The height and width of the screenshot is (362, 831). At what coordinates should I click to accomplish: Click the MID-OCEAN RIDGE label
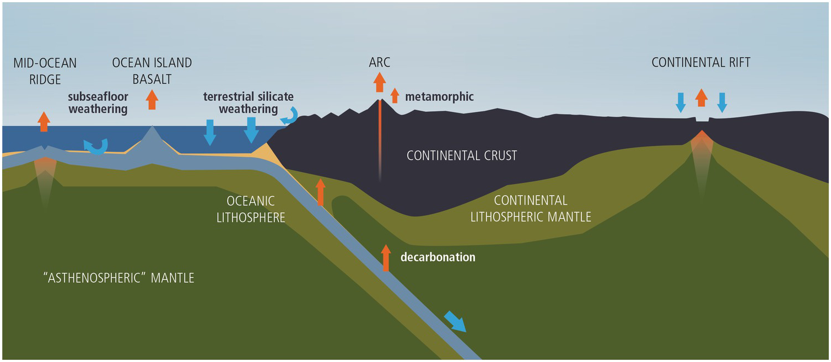(x=45, y=71)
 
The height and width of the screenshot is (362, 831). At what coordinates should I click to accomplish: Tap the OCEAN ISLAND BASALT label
(x=152, y=71)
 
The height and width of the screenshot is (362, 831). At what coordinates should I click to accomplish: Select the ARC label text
(x=380, y=62)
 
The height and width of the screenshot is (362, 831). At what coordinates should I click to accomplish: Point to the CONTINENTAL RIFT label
(x=701, y=62)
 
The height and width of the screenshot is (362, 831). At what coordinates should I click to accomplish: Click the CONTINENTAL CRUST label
(x=462, y=156)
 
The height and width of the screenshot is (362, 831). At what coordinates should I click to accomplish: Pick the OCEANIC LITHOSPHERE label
(x=250, y=209)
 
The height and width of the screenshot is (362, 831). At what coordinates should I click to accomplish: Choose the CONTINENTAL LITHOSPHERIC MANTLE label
(x=531, y=208)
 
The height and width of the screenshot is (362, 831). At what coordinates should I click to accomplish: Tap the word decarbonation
(x=438, y=257)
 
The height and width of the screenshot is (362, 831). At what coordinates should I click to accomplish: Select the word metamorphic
(x=439, y=97)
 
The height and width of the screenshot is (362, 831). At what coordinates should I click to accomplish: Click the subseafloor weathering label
(x=98, y=103)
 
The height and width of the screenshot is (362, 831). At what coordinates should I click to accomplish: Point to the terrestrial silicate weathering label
(x=249, y=103)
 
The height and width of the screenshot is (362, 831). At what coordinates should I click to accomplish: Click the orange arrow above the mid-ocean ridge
(x=44, y=121)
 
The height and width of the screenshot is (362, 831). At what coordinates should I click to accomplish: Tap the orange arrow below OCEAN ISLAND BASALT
(x=152, y=99)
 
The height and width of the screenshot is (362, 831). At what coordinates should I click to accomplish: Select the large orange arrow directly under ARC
(x=380, y=82)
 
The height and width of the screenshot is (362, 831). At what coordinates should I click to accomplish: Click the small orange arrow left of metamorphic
(x=395, y=95)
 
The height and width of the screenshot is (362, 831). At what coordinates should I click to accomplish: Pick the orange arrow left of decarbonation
(x=386, y=258)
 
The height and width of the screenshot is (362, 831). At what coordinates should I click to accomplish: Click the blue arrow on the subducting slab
(x=455, y=321)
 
